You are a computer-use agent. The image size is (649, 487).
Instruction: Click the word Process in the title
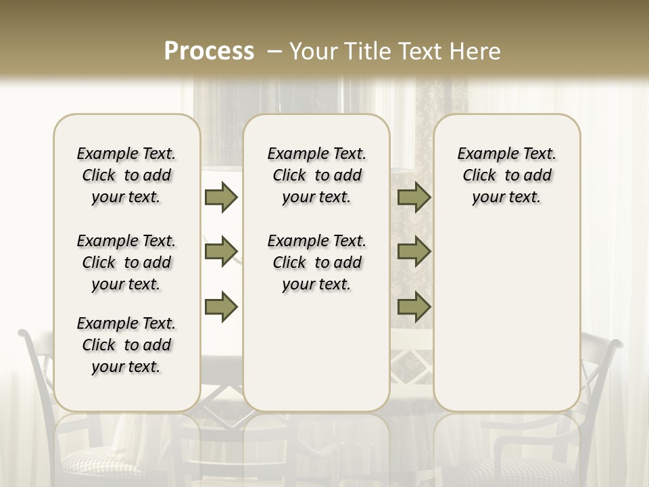pyautogui.click(x=209, y=51)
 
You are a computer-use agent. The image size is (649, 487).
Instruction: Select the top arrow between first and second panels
pyautogui.click(x=221, y=197)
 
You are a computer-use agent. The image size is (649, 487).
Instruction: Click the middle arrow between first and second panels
pyautogui.click(x=221, y=252)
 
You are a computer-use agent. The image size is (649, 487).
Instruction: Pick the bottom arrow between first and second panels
pyautogui.click(x=221, y=306)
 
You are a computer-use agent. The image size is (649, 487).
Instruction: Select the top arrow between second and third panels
pyautogui.click(x=414, y=197)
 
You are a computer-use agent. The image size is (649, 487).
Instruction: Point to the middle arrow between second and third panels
pyautogui.click(x=414, y=252)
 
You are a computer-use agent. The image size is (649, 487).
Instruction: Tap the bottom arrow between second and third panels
pyautogui.click(x=414, y=306)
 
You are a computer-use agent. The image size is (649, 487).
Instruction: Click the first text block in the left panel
pyautogui.click(x=126, y=175)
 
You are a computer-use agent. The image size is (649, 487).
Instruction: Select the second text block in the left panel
pyautogui.click(x=126, y=262)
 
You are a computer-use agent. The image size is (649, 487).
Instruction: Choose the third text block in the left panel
pyautogui.click(x=126, y=345)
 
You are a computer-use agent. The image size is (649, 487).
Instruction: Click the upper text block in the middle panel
pyautogui.click(x=316, y=175)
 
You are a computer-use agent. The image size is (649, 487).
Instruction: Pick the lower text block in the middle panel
pyautogui.click(x=316, y=262)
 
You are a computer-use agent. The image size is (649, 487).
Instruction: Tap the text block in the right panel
pyautogui.click(x=506, y=175)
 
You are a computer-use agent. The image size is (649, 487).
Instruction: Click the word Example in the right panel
pyautogui.click(x=483, y=154)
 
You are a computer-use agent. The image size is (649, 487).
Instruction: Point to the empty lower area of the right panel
pyautogui.click(x=506, y=311)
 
